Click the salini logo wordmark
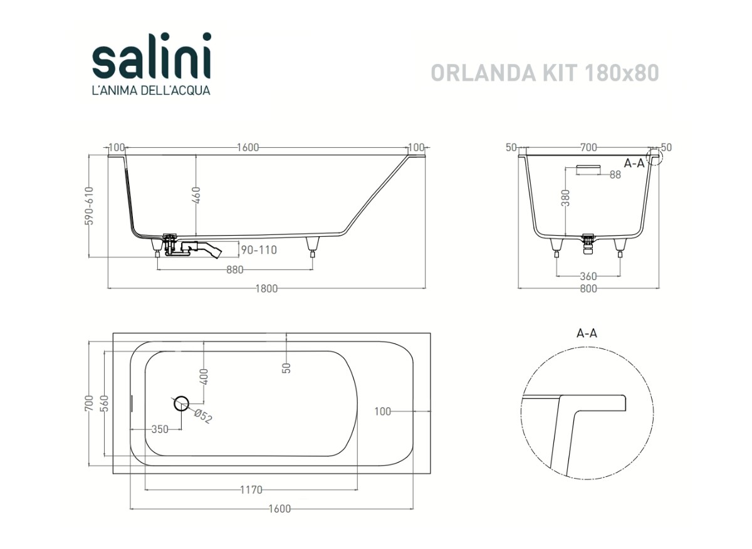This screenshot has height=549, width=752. point(152,56)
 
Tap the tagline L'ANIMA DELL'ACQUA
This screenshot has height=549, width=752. point(152,90)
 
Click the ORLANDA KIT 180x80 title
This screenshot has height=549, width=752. point(545,73)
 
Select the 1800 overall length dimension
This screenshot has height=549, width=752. point(266,288)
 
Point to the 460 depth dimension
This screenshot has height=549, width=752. point(196,195)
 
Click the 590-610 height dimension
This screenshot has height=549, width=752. point(90,206)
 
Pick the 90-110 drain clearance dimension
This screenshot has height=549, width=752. point(259,250)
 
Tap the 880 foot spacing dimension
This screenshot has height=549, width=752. point(234,269)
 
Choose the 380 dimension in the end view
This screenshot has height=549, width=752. point(566,198)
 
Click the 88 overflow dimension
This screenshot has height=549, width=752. point(615,175)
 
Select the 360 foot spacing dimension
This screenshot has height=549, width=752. point(588,276)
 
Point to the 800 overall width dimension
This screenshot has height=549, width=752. point(588,288)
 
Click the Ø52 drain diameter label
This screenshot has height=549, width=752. point(203,416)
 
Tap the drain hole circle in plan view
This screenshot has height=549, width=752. point(182,403)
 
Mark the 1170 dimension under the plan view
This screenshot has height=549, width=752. point(251,490)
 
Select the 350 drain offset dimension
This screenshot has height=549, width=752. point(160,429)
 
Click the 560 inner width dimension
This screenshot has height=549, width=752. point(105,403)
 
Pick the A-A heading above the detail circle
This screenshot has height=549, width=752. point(587,333)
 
